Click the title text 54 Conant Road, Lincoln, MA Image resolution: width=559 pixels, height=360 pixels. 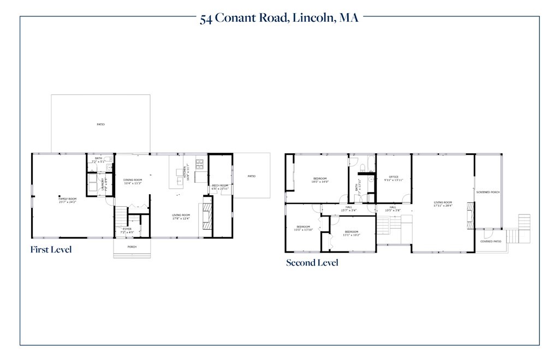coord(279,18)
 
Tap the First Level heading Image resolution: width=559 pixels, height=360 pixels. coord(51,250)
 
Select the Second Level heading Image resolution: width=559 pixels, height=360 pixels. coord(312,263)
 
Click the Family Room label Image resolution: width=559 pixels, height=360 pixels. coord(68,200)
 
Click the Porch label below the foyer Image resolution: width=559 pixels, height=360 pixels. coord(132,247)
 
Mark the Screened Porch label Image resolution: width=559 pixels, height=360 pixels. coord(487,192)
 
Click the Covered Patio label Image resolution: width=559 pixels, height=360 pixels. coord(490,241)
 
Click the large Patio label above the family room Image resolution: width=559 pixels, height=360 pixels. coord(100,124)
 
